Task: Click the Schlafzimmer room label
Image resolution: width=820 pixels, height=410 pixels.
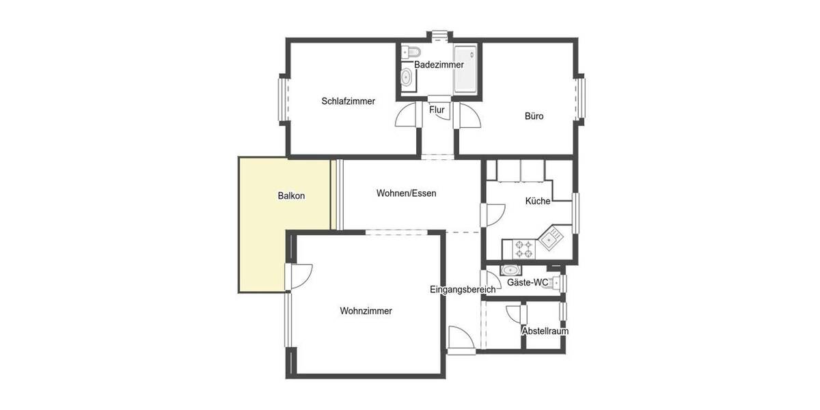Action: pyautogui.click(x=348, y=101)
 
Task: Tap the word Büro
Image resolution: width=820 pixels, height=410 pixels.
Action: pyautogui.click(x=534, y=116)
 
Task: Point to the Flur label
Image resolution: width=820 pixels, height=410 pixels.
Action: pyautogui.click(x=437, y=109)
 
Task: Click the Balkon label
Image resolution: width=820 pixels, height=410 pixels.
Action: pyautogui.click(x=291, y=195)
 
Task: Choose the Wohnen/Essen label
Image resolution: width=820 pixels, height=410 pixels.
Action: pyautogui.click(x=406, y=193)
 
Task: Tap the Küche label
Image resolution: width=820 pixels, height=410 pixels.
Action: pyautogui.click(x=537, y=201)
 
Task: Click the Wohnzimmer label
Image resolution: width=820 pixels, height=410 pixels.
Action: pyautogui.click(x=366, y=311)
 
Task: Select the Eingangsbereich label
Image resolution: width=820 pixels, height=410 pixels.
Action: pyautogui.click(x=463, y=290)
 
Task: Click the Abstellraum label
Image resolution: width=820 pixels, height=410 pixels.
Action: pyautogui.click(x=545, y=331)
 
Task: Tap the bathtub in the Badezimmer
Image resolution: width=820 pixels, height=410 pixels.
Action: pyautogui.click(x=465, y=70)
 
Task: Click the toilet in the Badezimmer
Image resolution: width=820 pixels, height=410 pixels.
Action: pyautogui.click(x=411, y=51)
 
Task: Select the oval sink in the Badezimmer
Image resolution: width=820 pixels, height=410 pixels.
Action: pyautogui.click(x=407, y=77)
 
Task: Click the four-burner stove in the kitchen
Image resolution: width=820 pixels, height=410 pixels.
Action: pyautogui.click(x=524, y=248)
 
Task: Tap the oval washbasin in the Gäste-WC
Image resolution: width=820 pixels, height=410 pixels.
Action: pyautogui.click(x=510, y=269)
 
